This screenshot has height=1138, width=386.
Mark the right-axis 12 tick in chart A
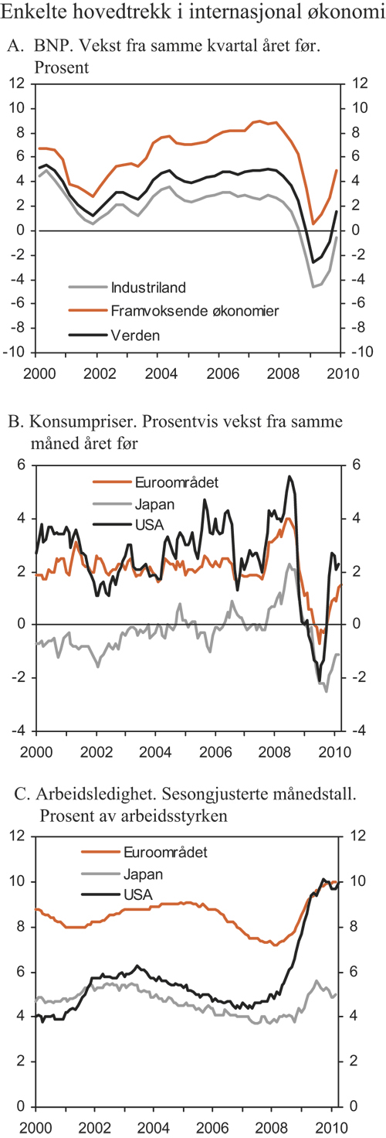point(357,83)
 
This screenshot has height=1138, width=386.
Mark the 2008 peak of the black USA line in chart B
point(289,476)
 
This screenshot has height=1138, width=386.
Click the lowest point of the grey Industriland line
point(313,287)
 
